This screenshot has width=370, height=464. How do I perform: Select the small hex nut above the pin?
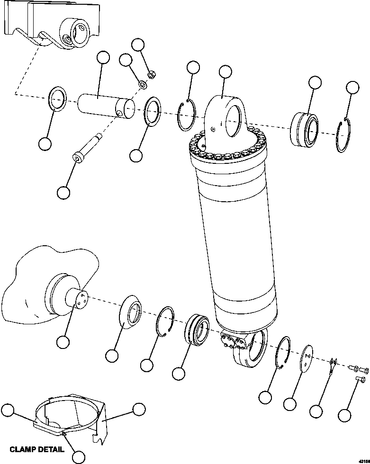click(152, 74)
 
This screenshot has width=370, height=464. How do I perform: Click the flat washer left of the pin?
click(58, 99)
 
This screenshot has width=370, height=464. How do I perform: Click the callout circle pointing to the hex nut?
click(138, 45)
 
